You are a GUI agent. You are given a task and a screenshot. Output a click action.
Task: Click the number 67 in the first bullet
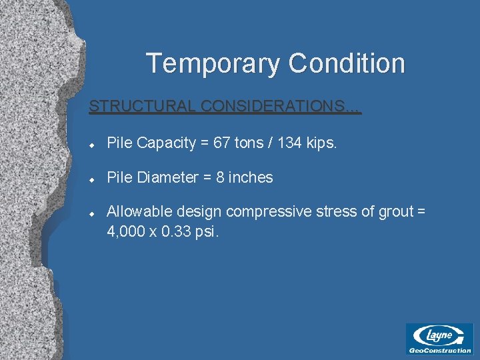230,143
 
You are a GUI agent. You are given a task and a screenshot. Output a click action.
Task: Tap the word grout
395,212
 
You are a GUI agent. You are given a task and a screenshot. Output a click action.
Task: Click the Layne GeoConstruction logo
439,338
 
